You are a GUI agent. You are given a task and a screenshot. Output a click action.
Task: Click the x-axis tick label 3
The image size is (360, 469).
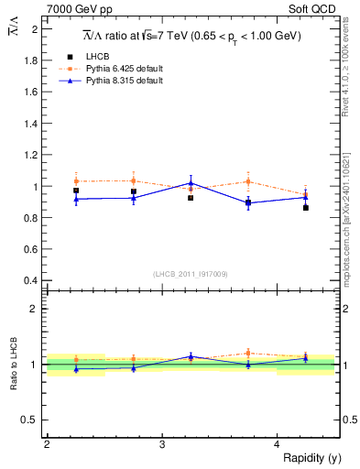(162, 444)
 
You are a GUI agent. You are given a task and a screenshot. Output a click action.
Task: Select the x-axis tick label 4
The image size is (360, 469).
(278, 444)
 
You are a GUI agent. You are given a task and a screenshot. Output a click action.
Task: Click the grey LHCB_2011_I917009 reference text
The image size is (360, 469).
(191, 273)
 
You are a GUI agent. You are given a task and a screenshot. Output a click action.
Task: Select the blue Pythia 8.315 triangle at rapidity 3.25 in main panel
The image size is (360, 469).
(191, 182)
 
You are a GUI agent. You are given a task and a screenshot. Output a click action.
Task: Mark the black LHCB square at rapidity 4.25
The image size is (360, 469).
(306, 208)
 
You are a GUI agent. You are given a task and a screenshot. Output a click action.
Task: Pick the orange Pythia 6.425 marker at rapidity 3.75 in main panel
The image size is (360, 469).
(248, 181)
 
